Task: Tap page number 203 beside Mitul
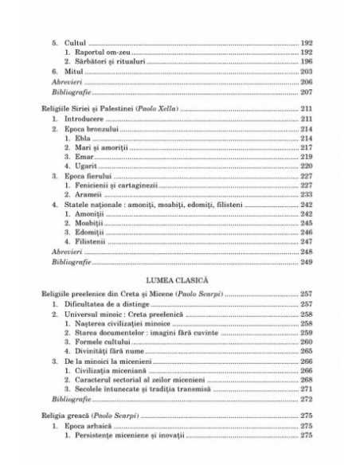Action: pos(307,72)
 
